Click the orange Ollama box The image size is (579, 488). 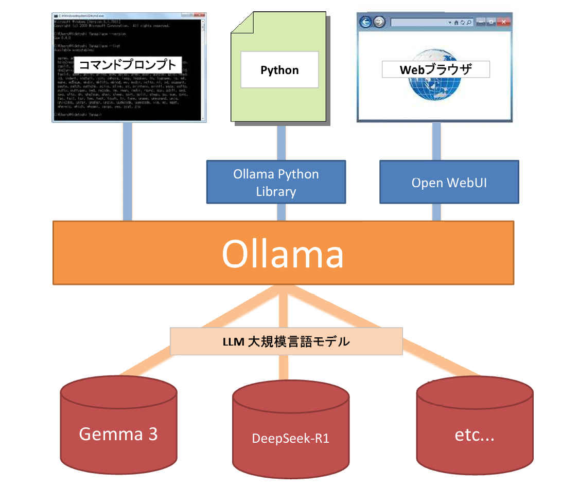click(283, 252)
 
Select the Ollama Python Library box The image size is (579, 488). click(276, 182)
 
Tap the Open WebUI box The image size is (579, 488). click(449, 182)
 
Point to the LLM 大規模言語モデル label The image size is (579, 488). click(286, 341)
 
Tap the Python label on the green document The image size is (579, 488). click(279, 70)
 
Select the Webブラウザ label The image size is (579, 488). click(435, 69)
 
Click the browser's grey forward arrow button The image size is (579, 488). click(379, 22)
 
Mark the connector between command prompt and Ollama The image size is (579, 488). click(127, 172)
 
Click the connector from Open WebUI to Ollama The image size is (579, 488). click(436, 212)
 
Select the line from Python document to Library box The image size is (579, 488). click(281, 142)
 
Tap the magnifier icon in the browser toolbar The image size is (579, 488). click(469, 23)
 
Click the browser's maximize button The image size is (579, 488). click(492, 22)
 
